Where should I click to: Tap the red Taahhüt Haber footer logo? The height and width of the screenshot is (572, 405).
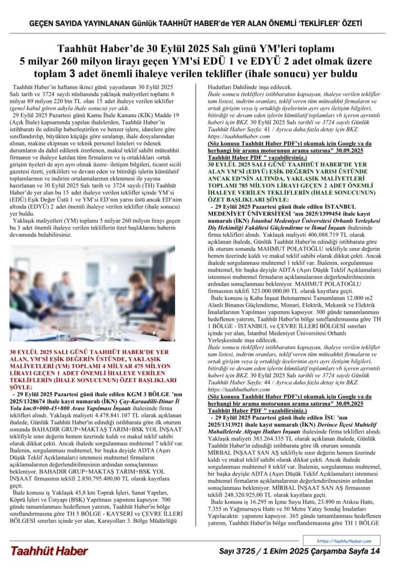click(49, 551)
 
